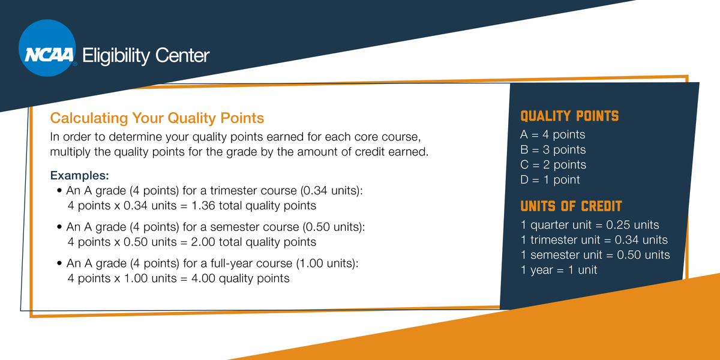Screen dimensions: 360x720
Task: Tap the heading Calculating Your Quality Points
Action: tap(157, 117)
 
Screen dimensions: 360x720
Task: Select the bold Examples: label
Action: tap(79, 176)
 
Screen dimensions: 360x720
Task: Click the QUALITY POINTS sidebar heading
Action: tap(569, 116)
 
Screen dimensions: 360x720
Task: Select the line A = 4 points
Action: tap(553, 135)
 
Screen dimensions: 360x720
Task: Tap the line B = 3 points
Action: tap(553, 150)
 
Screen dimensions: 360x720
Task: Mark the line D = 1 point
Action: tap(550, 180)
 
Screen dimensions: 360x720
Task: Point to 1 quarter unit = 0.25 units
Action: tap(590, 225)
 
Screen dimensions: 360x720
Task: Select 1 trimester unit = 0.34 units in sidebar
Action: tap(594, 240)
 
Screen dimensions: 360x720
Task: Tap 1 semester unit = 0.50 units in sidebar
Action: tap(595, 255)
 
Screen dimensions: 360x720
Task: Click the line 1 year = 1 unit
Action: tap(559, 270)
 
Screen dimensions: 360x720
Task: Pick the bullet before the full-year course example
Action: tap(59, 264)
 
